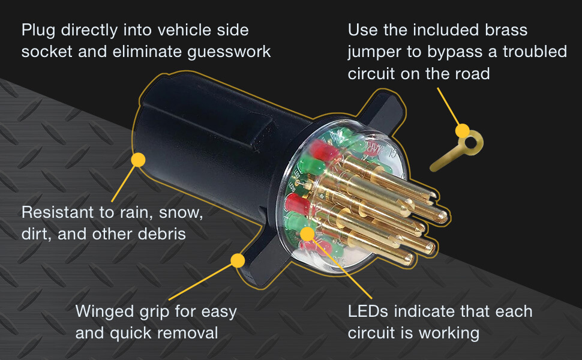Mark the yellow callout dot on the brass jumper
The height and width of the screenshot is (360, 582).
[x=462, y=130]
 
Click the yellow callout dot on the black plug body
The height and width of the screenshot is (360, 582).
[x=139, y=160]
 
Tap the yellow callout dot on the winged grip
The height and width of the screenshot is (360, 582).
[x=238, y=260]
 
